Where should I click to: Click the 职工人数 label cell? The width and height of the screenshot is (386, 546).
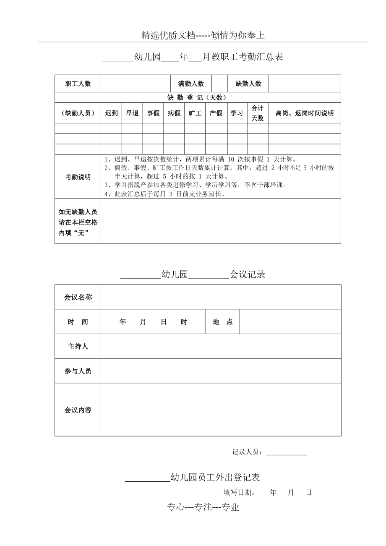point(78,84)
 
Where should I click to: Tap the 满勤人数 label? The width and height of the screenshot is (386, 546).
point(191,84)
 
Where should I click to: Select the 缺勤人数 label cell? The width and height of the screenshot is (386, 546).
point(248,84)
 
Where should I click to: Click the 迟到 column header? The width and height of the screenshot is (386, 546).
point(111,113)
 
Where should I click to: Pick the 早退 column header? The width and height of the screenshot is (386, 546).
point(132,113)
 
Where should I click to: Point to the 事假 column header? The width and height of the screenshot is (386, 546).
point(153,113)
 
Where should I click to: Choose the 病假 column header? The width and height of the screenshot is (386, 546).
point(174,113)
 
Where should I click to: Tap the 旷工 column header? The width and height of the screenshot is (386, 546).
point(195,113)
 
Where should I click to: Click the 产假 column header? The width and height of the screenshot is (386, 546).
point(216,113)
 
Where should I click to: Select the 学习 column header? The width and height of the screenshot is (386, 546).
point(237,113)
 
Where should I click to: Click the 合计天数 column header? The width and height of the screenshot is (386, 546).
point(257,113)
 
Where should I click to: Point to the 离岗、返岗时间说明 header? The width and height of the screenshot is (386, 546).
point(305,113)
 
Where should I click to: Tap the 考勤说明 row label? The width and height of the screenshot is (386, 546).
point(78,177)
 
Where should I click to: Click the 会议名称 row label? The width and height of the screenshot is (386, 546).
point(78,297)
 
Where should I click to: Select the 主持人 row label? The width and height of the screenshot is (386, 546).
point(78,347)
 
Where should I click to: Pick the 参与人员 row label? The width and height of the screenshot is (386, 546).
point(78,371)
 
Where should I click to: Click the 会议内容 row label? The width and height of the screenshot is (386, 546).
point(78,410)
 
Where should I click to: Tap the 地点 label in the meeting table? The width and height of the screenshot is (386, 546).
point(223,322)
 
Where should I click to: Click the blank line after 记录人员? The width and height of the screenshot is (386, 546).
point(287,453)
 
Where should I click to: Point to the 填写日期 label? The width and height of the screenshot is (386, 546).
point(239,493)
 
